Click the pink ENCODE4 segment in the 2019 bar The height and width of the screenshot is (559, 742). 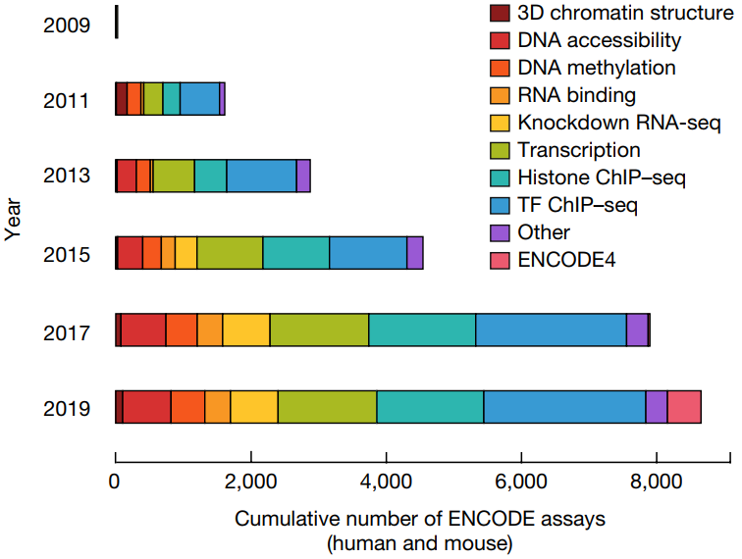(x=684, y=406)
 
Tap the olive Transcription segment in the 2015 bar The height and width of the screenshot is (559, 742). (x=230, y=252)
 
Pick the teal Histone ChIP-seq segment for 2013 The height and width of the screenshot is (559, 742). (x=210, y=176)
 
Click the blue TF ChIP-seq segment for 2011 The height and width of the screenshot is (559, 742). (x=199, y=99)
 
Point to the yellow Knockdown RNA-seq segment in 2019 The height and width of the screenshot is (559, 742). (x=254, y=406)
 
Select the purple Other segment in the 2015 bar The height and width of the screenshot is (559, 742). (x=414, y=252)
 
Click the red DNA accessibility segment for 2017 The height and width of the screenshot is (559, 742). (x=143, y=330)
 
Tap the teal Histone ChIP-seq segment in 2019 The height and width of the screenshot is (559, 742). (x=430, y=406)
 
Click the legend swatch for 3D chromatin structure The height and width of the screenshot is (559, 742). (x=500, y=14)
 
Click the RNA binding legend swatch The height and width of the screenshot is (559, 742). (x=500, y=96)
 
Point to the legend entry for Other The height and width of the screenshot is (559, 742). (x=544, y=233)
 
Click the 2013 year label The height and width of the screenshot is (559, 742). (x=67, y=176)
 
